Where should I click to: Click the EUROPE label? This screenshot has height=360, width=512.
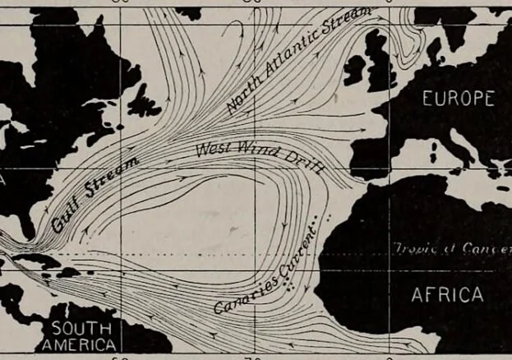(x=459, y=99)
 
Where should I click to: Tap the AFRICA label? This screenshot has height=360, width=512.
(x=447, y=294)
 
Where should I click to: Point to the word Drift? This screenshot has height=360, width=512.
(x=306, y=159)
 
